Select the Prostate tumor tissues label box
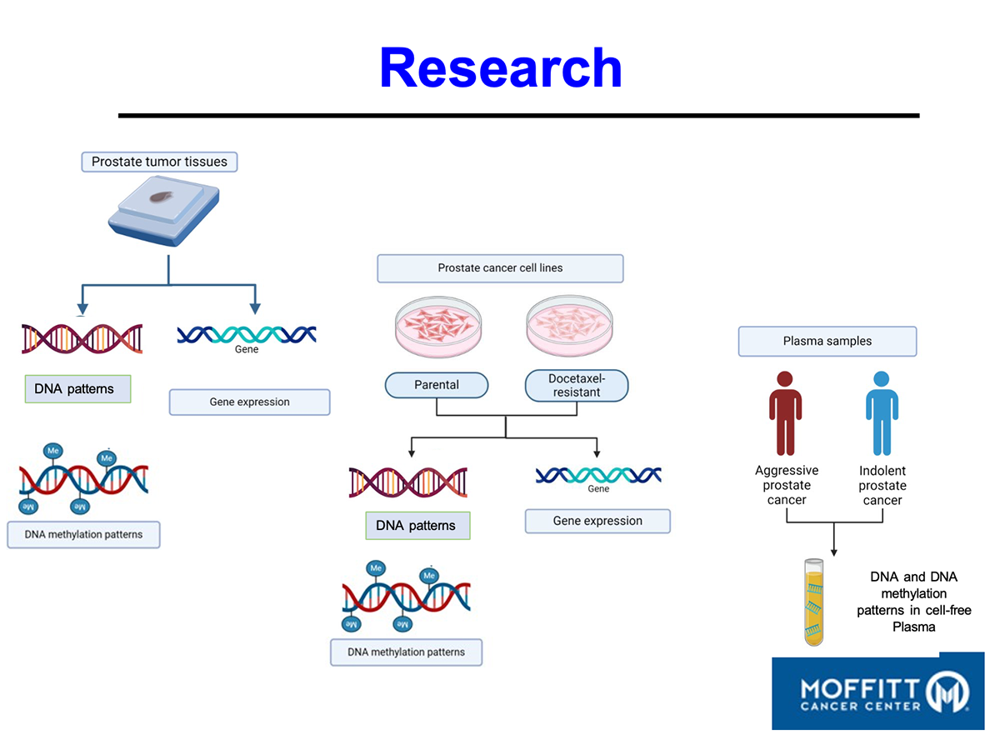click(159, 162)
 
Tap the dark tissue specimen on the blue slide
click(161, 199)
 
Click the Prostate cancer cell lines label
click(500, 268)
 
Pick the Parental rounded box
click(437, 385)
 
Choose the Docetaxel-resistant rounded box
click(577, 385)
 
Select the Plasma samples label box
click(827, 342)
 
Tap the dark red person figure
click(786, 412)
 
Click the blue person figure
click(882, 412)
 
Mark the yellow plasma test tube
click(814, 602)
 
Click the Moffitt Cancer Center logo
click(877, 692)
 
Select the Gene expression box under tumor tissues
click(249, 402)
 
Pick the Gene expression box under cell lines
click(597, 521)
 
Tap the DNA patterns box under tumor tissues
click(77, 389)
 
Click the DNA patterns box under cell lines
click(417, 526)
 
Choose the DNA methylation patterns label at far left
click(83, 534)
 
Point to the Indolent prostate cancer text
click(882, 486)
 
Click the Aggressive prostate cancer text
click(787, 485)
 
